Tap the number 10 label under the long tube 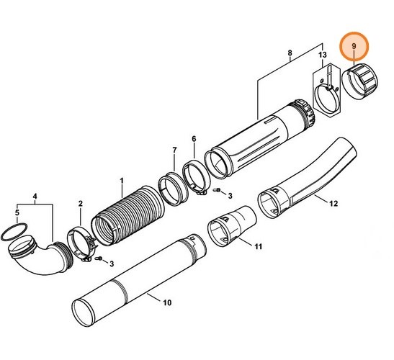(x=167, y=302)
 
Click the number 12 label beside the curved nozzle (x=333, y=204)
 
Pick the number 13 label (x=322, y=55)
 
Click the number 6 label (x=193, y=138)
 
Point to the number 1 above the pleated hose (x=122, y=179)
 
